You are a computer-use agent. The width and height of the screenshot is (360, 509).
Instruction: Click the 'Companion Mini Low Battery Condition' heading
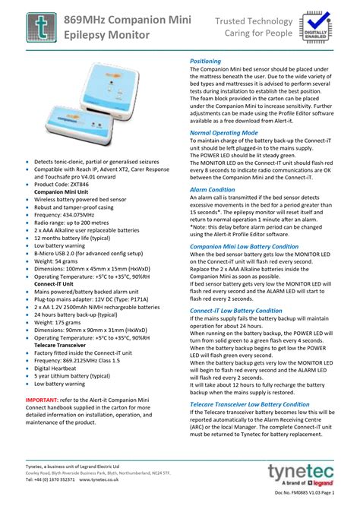[x=244, y=246]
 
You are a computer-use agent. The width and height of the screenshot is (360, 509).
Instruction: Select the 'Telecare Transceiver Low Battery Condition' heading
[x=249, y=404]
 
